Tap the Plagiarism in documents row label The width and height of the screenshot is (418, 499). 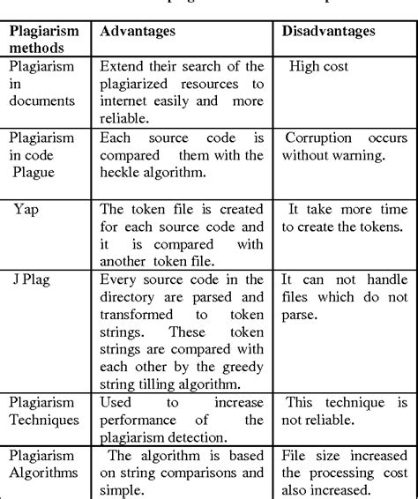coord(43,83)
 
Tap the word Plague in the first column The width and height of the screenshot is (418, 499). coord(34,173)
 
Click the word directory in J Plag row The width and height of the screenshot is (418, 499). coord(130,296)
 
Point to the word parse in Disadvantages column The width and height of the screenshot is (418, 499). coord(299,315)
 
